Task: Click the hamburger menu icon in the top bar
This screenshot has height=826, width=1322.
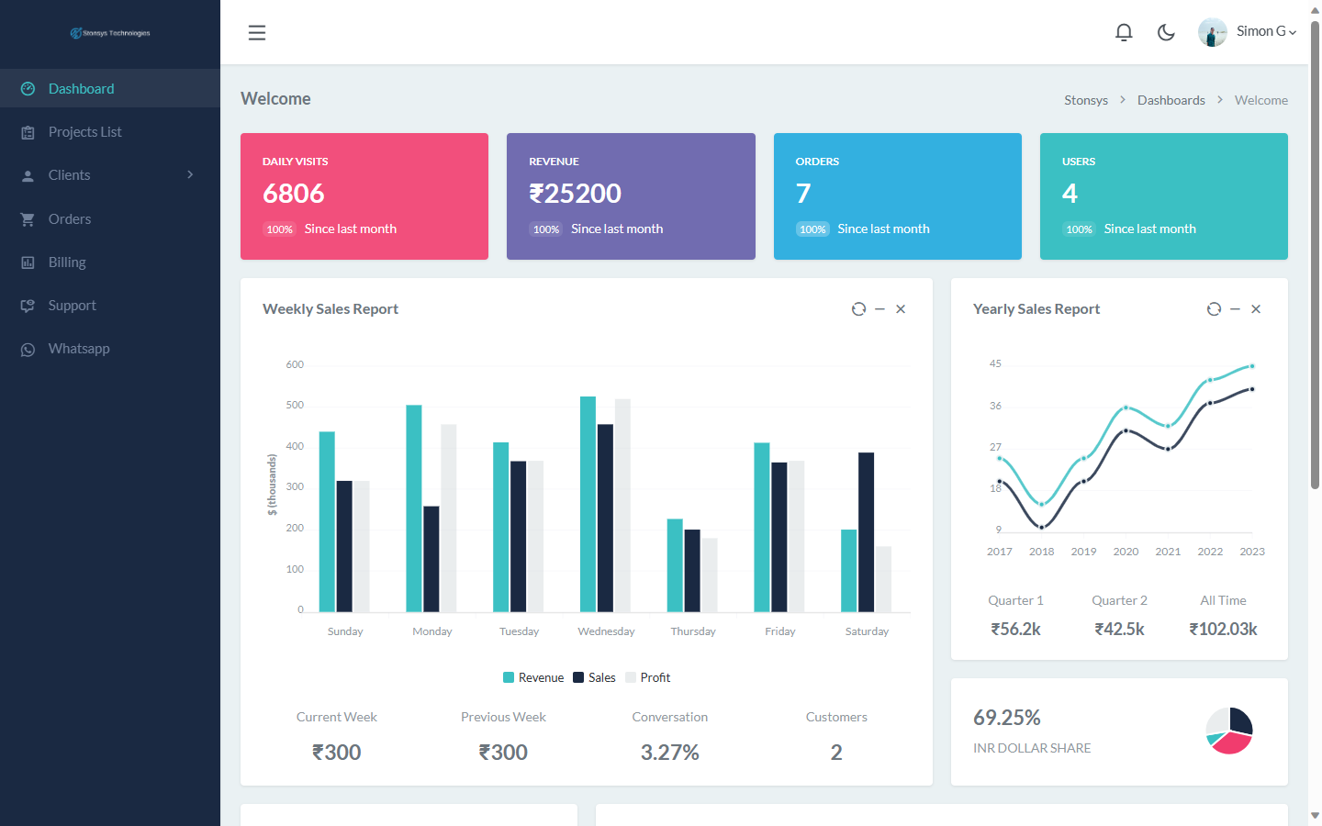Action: click(257, 33)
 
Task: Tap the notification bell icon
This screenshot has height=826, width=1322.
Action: click(1124, 33)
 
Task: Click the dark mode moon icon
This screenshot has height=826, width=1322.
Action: click(1166, 33)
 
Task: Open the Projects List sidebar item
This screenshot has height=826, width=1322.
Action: click(84, 132)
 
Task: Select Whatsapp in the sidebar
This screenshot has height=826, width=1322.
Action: click(79, 349)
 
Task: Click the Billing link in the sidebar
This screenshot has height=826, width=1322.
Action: click(67, 262)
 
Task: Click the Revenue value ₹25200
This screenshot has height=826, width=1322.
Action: click(576, 194)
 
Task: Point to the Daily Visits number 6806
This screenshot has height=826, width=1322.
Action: click(294, 194)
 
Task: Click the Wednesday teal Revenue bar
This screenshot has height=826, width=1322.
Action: click(588, 504)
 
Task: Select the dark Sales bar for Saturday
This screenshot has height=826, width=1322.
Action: click(866, 531)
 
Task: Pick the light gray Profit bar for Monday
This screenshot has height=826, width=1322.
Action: click(449, 518)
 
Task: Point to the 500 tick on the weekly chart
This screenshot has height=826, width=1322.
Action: click(295, 405)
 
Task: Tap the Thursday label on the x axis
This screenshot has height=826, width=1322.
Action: click(693, 631)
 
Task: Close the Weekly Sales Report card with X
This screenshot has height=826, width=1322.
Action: click(901, 309)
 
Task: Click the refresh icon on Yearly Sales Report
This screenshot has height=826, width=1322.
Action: click(1214, 309)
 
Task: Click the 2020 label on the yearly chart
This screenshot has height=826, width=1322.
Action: click(1126, 552)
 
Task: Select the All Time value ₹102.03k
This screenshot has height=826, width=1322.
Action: click(1223, 629)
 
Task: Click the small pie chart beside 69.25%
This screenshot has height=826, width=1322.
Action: click(1229, 731)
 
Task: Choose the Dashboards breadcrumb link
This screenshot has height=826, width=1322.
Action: click(1171, 100)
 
